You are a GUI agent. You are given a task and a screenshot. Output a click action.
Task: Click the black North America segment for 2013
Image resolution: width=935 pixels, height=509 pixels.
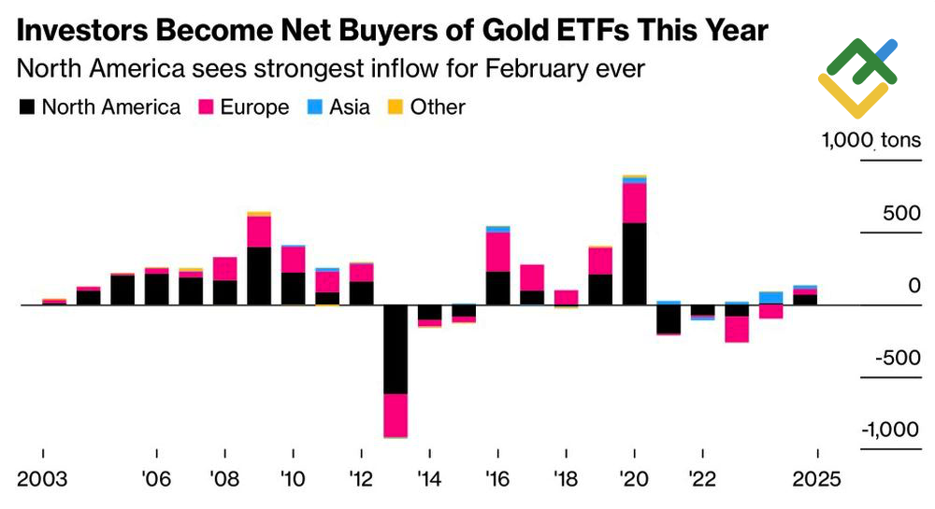[x=396, y=349]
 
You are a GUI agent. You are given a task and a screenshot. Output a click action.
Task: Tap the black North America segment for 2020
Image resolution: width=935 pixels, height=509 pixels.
[x=635, y=263]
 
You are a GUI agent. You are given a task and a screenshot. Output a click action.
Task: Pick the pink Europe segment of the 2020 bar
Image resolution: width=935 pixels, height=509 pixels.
[x=635, y=203]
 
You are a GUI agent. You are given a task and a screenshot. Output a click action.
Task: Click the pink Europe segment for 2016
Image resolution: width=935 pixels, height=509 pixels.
[x=498, y=251]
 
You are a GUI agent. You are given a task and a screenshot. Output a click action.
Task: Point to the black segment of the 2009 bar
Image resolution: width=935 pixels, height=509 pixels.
[x=259, y=276]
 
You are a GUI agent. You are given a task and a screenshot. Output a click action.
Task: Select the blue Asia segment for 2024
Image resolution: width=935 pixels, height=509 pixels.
[x=771, y=298]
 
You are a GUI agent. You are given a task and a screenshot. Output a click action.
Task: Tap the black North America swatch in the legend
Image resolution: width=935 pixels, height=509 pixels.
[x=27, y=107]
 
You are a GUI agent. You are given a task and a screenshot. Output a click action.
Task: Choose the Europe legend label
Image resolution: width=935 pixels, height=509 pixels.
[x=254, y=107]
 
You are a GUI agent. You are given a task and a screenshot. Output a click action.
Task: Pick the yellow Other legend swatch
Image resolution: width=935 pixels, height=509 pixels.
[x=396, y=107]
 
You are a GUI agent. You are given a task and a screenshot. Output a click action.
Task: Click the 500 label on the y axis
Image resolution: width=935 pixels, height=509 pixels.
[x=901, y=214]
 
